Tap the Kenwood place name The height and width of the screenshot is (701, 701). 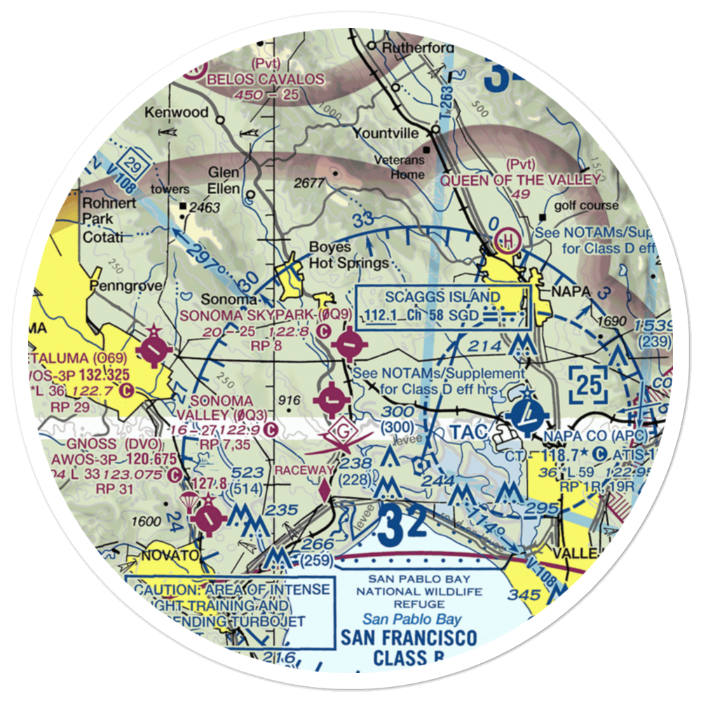[177, 112]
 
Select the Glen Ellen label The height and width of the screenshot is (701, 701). [224, 180]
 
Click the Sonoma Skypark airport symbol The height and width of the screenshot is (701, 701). [349, 344]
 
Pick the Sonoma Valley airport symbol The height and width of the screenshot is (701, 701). [331, 402]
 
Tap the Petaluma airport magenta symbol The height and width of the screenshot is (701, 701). [154, 348]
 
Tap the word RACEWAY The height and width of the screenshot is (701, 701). [304, 468]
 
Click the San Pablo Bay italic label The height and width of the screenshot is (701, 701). [412, 619]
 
